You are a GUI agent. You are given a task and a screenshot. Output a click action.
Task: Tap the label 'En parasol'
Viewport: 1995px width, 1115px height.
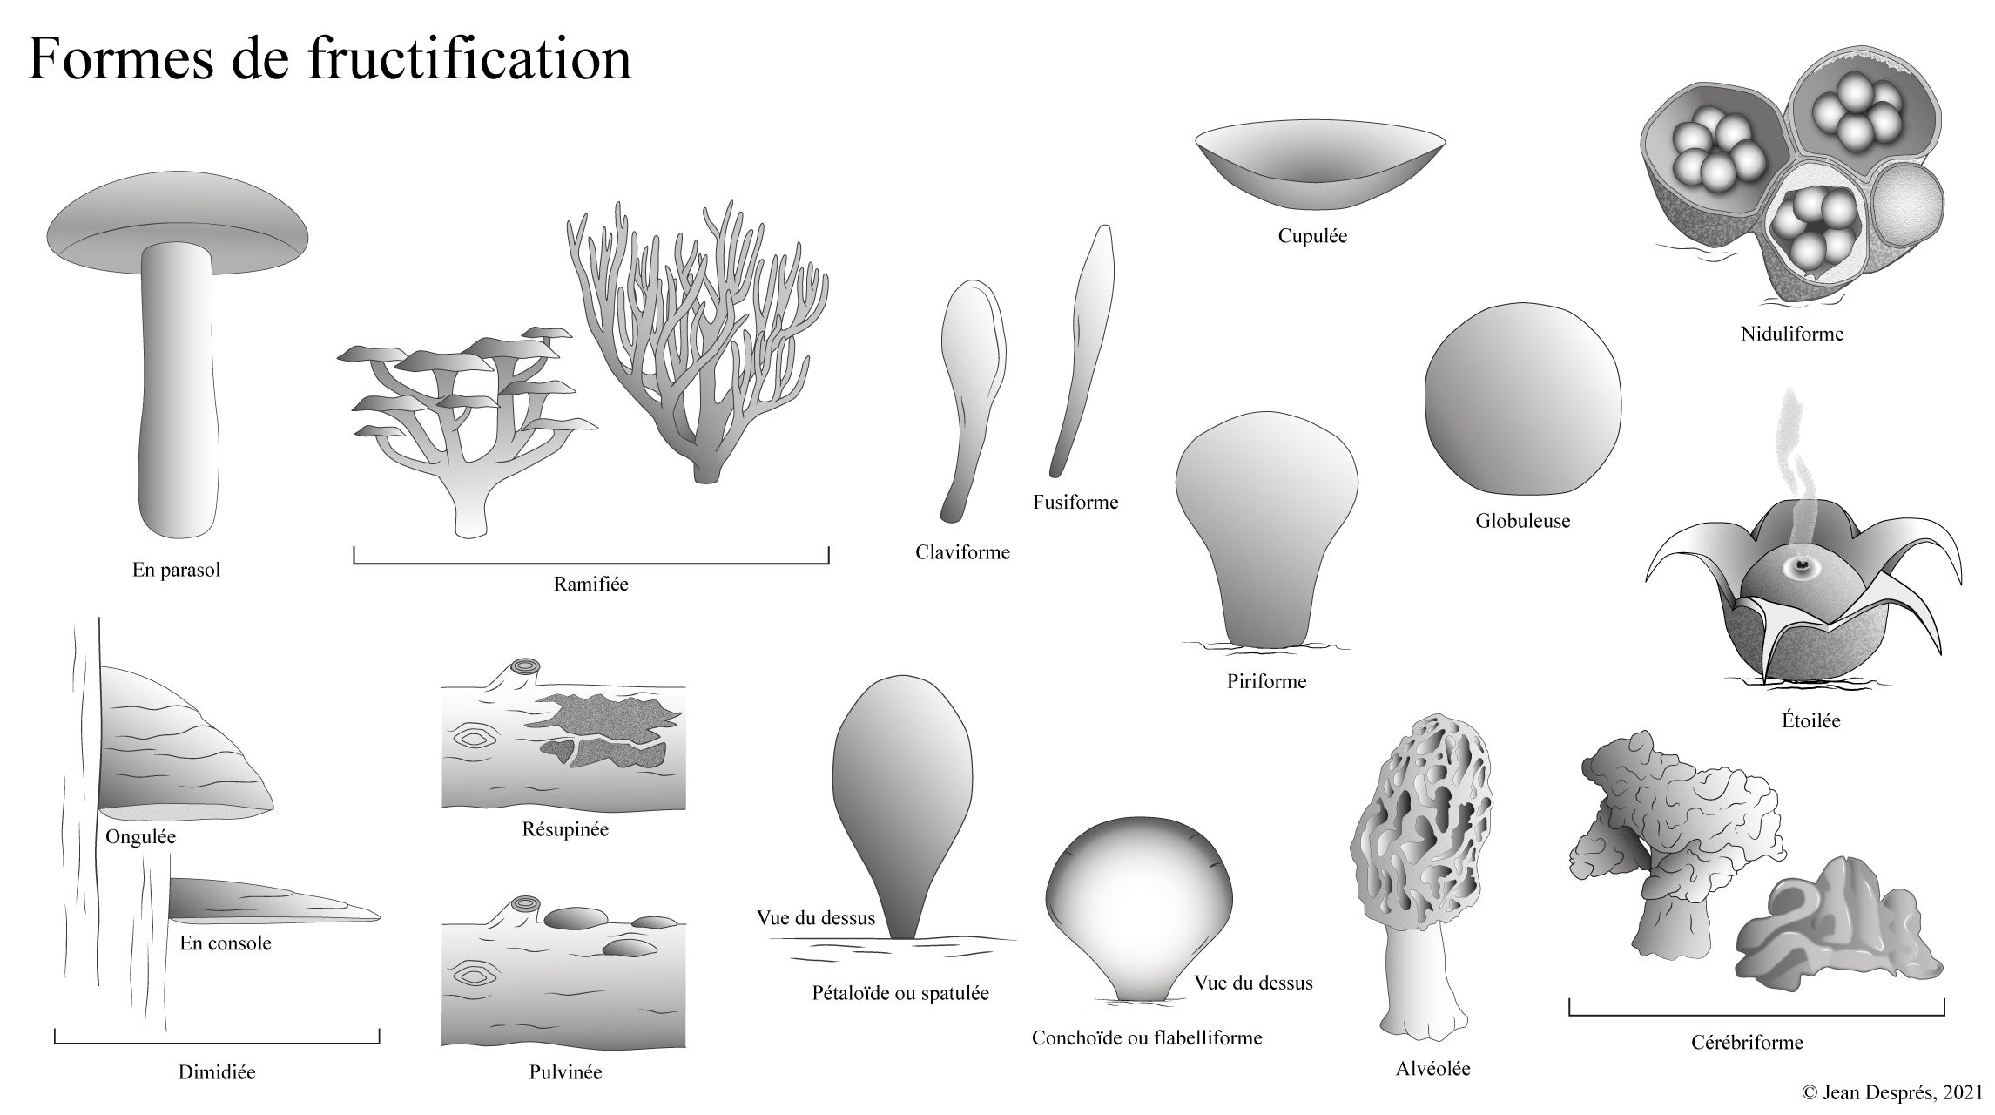(x=176, y=571)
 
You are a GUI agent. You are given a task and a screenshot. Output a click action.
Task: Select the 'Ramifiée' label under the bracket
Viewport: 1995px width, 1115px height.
(x=590, y=585)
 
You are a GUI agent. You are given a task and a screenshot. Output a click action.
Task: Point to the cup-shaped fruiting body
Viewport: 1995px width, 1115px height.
(x=1319, y=170)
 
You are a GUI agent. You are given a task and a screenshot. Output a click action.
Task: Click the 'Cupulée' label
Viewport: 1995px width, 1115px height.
(x=1312, y=236)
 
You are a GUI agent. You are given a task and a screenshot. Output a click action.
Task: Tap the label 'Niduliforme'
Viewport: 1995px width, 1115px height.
(x=1792, y=334)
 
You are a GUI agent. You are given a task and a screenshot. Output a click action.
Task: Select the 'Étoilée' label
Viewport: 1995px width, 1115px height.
(x=1810, y=721)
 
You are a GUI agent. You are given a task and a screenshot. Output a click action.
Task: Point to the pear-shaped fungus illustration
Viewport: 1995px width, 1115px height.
(x=1265, y=531)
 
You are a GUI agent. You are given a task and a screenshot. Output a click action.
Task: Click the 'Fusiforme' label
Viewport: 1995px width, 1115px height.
(x=1075, y=503)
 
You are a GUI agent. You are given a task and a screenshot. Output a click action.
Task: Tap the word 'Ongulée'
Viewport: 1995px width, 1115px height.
(x=140, y=837)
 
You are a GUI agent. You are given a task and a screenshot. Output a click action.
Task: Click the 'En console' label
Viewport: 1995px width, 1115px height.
(x=226, y=943)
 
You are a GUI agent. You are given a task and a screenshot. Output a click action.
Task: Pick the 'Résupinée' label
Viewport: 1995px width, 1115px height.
(x=565, y=829)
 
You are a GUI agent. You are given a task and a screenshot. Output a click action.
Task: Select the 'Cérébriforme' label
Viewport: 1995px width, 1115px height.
(x=1747, y=1043)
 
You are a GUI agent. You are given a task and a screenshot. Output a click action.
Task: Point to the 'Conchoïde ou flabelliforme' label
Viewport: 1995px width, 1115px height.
(x=1147, y=1038)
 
